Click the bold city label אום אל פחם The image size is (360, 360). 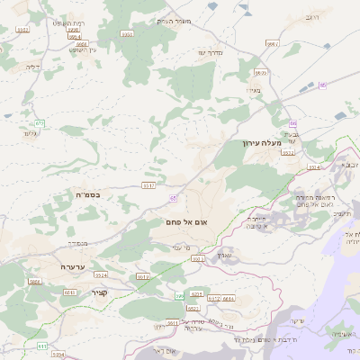pos(187,221)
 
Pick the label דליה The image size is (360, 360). pos(35,65)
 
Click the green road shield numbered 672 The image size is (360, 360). pos(40,123)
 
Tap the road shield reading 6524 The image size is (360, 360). pos(101,274)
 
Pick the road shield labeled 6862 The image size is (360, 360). pos(35,282)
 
